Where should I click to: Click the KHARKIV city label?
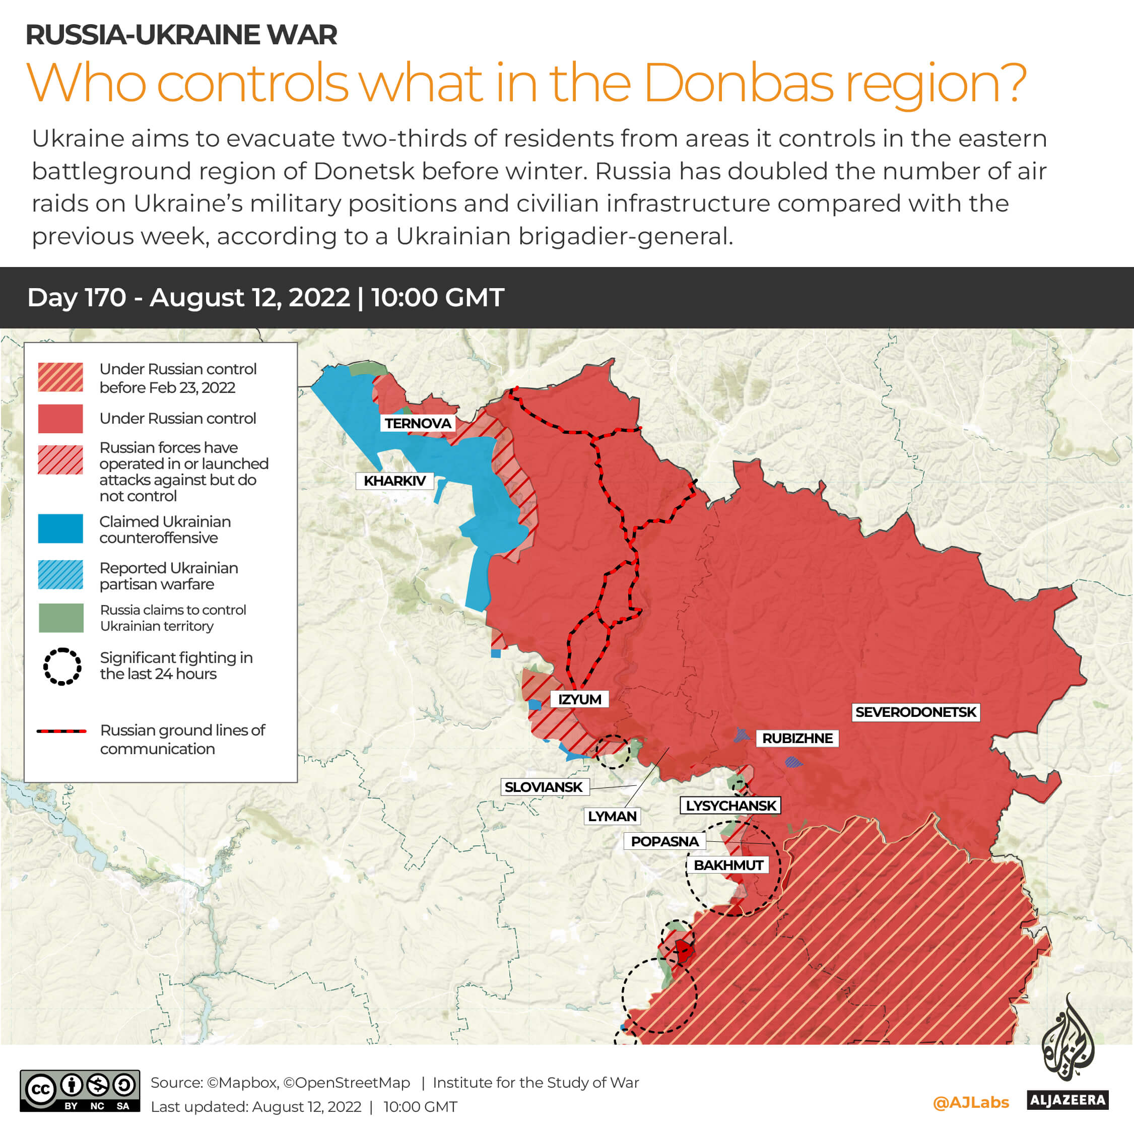click(x=394, y=481)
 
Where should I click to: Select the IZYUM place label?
click(x=579, y=699)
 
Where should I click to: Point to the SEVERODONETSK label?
click(x=915, y=712)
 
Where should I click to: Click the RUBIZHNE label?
click(x=797, y=738)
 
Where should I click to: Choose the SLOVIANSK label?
click(x=544, y=786)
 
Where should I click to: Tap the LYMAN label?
click(x=612, y=816)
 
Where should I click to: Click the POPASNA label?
click(x=664, y=841)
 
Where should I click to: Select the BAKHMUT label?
click(x=728, y=864)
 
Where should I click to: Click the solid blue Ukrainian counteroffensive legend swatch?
click(x=60, y=528)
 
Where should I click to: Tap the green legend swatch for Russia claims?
click(x=60, y=618)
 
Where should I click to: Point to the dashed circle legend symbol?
click(x=61, y=666)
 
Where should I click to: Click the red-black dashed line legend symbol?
click(x=61, y=731)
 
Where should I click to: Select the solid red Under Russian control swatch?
click(x=60, y=418)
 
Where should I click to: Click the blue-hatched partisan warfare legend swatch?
click(x=60, y=575)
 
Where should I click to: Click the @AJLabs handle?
click(x=971, y=1102)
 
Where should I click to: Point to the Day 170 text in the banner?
click(x=76, y=298)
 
